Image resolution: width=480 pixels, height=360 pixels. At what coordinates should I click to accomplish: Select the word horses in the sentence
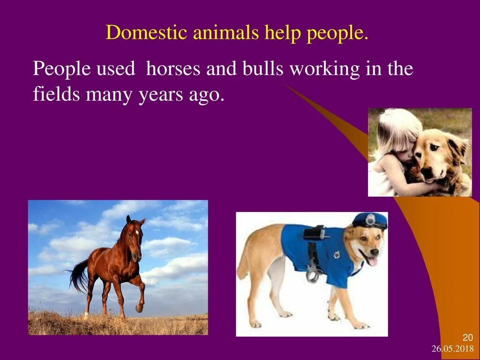[x=173, y=69]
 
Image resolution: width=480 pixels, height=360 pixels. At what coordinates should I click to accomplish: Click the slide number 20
[x=468, y=338]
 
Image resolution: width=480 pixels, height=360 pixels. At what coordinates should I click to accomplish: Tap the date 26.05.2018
[x=452, y=349]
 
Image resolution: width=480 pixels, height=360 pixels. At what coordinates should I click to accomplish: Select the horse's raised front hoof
[x=139, y=308]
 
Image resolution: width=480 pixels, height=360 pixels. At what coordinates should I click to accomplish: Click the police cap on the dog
[x=370, y=220]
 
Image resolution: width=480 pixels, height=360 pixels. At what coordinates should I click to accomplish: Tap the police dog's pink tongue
[x=373, y=261]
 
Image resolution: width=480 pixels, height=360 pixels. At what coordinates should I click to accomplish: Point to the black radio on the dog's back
[x=314, y=233]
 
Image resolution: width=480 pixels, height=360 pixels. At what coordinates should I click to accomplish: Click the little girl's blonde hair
[x=398, y=127]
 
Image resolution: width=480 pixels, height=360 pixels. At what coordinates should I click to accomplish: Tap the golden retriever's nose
[x=427, y=173]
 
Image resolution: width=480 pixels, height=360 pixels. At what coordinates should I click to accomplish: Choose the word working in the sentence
[x=324, y=69]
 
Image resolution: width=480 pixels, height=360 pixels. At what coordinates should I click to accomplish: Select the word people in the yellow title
[x=337, y=34]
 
